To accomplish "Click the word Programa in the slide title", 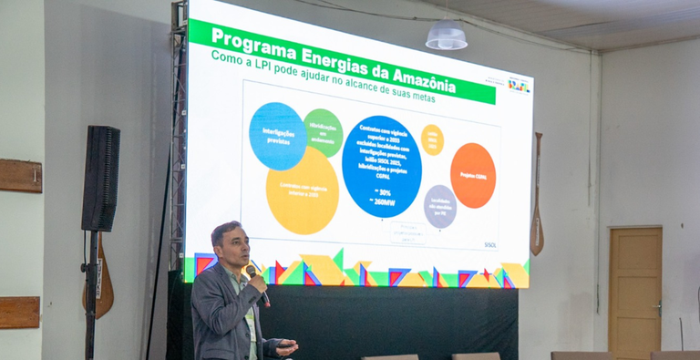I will click(252, 39).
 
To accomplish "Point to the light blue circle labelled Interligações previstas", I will click(277, 136).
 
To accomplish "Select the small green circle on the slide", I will click(323, 132).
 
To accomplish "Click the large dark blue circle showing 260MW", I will click(382, 166).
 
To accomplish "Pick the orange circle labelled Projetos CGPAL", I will click(473, 175).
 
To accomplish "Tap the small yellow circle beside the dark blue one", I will click(432, 139).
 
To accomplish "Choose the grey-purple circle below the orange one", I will click(440, 206).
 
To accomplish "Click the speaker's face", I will click(231, 247).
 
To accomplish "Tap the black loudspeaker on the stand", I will click(100, 179).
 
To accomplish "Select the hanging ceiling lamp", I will click(447, 36).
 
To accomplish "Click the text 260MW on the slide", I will click(383, 201).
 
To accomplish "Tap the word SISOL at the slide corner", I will click(490, 245).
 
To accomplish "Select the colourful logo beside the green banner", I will click(519, 86).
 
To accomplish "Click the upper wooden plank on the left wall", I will click(20, 176).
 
